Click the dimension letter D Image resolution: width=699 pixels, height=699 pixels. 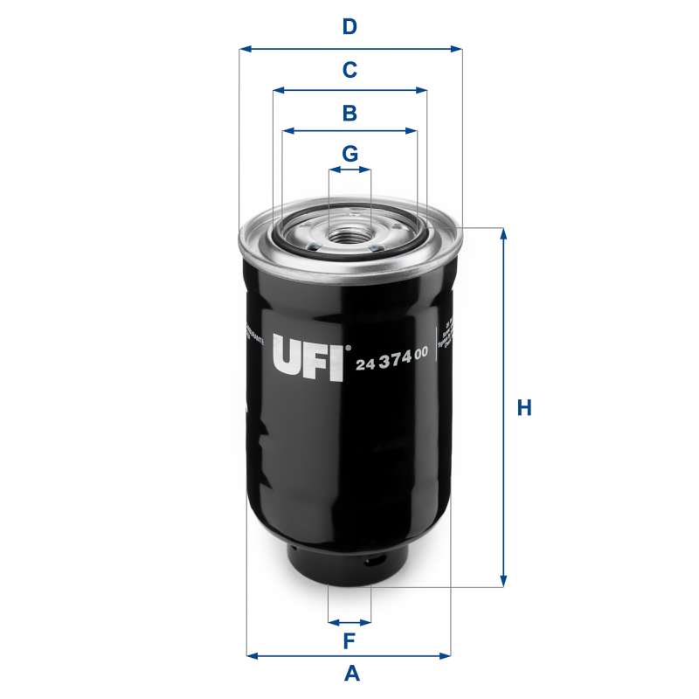[349, 27]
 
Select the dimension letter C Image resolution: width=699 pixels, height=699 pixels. [349, 70]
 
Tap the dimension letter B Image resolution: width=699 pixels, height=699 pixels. [349, 113]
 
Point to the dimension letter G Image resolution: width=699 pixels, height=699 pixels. [349, 154]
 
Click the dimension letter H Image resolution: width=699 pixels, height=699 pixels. [524, 408]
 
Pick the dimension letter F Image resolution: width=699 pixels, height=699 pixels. [349, 641]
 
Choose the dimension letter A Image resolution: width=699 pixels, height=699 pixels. [351, 674]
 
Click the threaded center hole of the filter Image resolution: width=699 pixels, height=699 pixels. [349, 233]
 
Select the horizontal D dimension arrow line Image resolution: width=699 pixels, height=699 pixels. [349, 49]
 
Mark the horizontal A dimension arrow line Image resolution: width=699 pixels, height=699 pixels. [349, 654]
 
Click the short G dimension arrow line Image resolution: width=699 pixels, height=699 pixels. [349, 170]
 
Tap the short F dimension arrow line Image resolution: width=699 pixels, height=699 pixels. [349, 622]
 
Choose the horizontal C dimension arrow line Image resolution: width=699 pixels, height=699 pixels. [349, 90]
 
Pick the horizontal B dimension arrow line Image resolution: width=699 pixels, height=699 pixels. [349, 131]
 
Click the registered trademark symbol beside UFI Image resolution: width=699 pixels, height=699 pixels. [348, 347]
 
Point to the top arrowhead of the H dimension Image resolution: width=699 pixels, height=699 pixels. [503, 233]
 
